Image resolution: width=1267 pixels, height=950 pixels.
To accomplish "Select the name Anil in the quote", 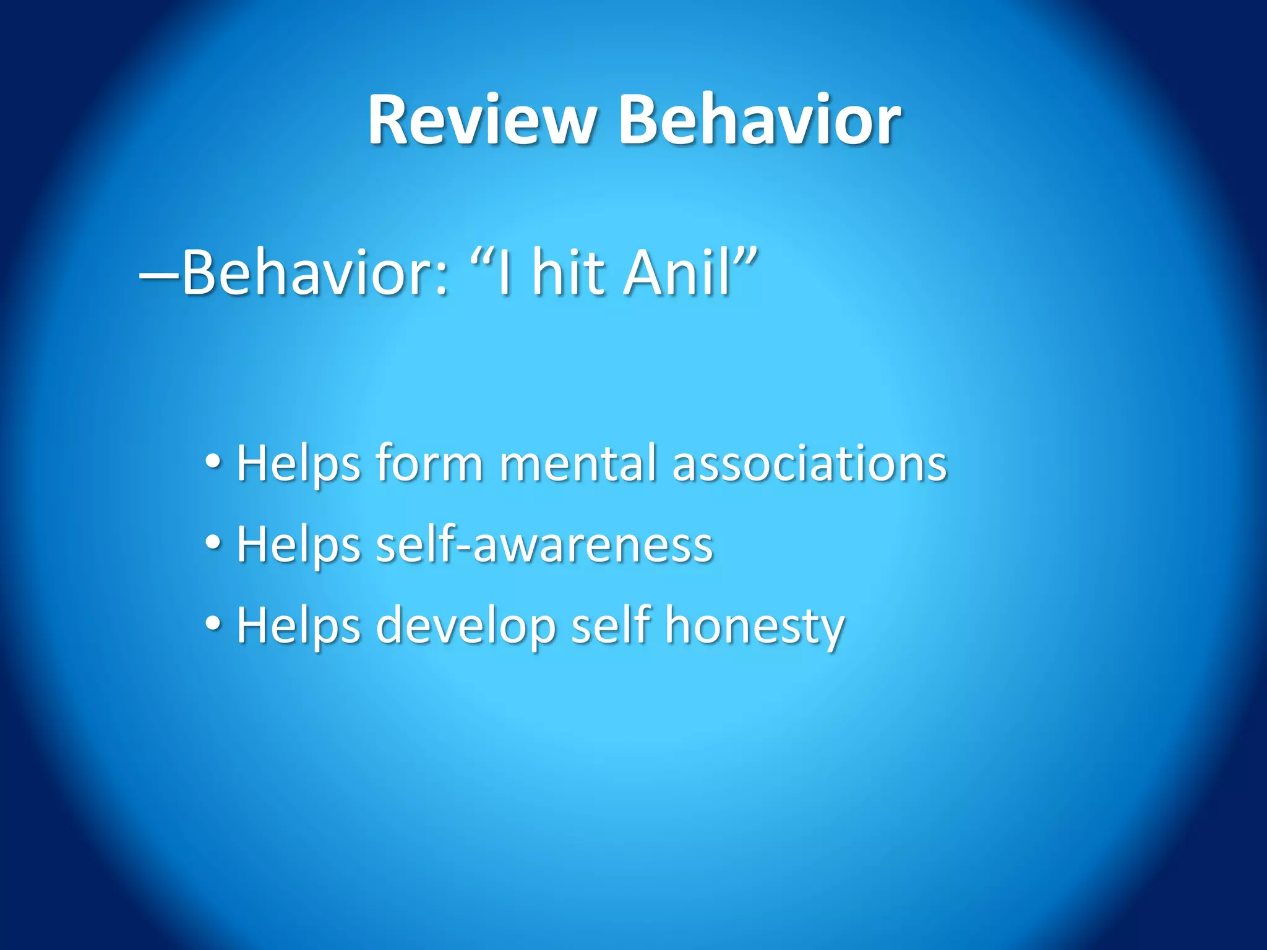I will [x=677, y=272].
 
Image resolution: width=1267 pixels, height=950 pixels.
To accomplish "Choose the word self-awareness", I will [x=544, y=544].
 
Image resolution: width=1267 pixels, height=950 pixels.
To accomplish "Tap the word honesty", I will [x=754, y=626].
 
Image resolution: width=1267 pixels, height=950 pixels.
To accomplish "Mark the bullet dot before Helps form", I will [x=213, y=461].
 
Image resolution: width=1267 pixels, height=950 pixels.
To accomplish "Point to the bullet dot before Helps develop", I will [x=213, y=623].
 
